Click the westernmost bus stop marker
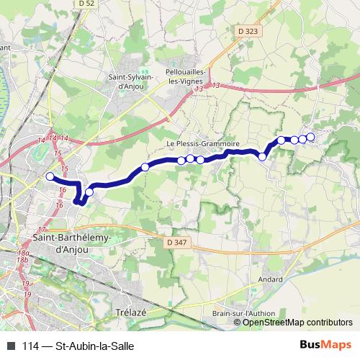(x=50, y=176)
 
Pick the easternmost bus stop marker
(x=311, y=137)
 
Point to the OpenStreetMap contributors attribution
(x=297, y=323)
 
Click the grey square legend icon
(x=10, y=346)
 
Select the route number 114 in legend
(x=31, y=346)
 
